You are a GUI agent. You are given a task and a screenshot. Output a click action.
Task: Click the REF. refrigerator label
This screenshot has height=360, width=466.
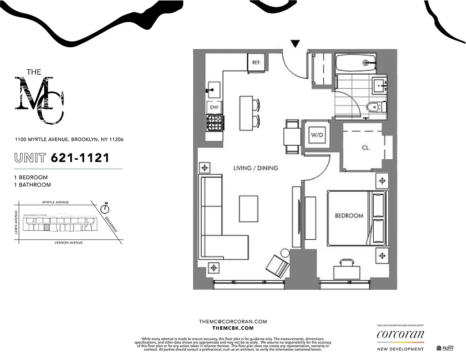[257, 62]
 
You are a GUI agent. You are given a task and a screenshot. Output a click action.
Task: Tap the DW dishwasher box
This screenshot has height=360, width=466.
[214, 107]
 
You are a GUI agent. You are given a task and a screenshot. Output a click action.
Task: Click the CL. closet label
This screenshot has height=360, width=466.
[366, 147]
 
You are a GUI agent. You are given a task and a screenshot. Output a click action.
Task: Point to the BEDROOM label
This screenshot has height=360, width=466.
[349, 216]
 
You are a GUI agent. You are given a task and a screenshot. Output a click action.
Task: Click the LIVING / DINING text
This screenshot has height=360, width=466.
[255, 168]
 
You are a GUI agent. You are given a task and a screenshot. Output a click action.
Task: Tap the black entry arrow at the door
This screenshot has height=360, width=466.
[295, 44]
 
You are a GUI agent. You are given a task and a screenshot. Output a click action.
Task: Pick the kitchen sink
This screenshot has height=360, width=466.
[214, 89]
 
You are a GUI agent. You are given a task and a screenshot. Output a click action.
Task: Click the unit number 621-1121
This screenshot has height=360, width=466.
[80, 158]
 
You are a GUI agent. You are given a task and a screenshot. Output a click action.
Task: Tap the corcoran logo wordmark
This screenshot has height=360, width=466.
[400, 335]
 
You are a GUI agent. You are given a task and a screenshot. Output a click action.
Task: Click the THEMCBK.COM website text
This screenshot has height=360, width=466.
[233, 329]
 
